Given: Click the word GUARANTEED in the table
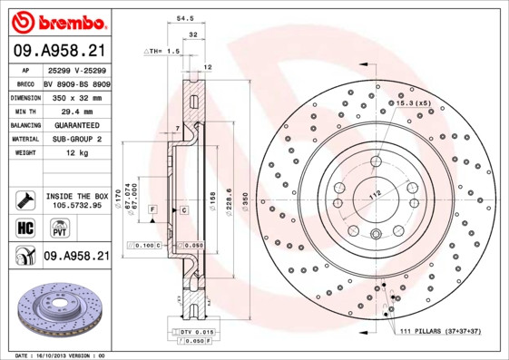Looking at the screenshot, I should coord(72,124).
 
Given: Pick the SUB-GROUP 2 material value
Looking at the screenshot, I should coord(72,139).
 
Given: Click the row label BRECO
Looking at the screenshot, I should coord(25,81).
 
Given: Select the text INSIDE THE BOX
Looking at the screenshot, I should coord(76,196).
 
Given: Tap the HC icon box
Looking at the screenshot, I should coord(25,227).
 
